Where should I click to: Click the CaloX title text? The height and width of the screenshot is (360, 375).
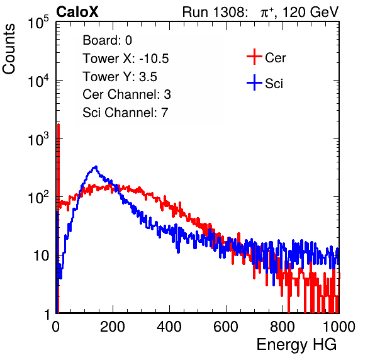(x=77, y=12)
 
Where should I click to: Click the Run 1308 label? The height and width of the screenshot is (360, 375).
(x=214, y=12)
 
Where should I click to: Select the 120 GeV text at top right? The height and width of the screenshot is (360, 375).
(x=310, y=12)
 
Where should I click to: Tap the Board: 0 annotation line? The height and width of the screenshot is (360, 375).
(x=107, y=40)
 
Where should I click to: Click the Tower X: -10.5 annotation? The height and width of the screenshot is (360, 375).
(x=126, y=59)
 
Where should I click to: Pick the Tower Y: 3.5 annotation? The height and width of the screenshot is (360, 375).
(x=120, y=77)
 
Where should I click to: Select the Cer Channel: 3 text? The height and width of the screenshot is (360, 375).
(x=126, y=94)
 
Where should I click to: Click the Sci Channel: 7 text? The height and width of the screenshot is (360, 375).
(x=125, y=113)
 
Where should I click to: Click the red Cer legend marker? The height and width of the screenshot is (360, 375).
(x=254, y=57)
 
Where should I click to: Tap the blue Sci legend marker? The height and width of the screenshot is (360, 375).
(x=254, y=83)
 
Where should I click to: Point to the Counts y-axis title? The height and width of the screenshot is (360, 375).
(x=9, y=49)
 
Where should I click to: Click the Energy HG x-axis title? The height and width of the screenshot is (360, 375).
(x=296, y=345)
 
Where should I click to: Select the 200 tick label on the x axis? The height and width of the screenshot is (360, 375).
(x=113, y=327)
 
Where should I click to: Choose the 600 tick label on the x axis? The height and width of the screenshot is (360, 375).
(x=226, y=327)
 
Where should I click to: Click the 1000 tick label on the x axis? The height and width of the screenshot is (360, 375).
(x=339, y=327)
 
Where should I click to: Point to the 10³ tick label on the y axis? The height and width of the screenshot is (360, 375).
(x=38, y=138)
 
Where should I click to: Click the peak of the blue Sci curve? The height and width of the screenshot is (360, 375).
(x=96, y=167)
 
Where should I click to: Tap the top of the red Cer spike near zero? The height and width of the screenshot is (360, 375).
(x=59, y=125)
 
